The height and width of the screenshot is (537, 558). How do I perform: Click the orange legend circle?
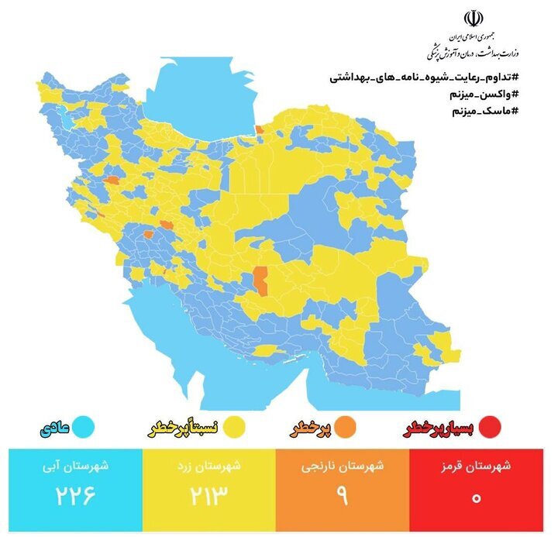pos(346,426)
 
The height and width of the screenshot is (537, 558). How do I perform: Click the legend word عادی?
pos(56,426)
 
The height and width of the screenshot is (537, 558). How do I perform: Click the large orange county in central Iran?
pos(262,281)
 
